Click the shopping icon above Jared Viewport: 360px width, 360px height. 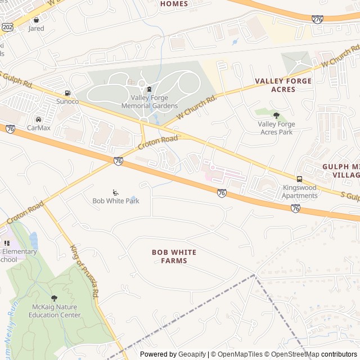[x=37, y=20]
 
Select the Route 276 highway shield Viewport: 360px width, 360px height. [x=317, y=19]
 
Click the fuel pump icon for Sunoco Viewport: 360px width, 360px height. [x=67, y=93]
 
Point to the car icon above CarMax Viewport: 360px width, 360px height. [x=38, y=119]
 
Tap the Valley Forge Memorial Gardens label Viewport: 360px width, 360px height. [x=150, y=102]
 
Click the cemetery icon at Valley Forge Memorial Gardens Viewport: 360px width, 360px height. [x=150, y=88]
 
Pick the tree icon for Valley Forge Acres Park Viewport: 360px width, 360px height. [x=276, y=115]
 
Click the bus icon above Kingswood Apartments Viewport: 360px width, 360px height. [x=299, y=179]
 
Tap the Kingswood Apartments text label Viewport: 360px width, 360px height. [x=300, y=191]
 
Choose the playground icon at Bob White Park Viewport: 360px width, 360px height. [x=116, y=192]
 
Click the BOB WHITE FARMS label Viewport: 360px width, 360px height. [x=169, y=256]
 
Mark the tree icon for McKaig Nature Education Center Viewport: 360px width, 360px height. [x=54, y=298]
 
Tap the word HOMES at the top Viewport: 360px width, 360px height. [x=174, y=4]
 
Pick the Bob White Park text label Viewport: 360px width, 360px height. [x=116, y=201]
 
